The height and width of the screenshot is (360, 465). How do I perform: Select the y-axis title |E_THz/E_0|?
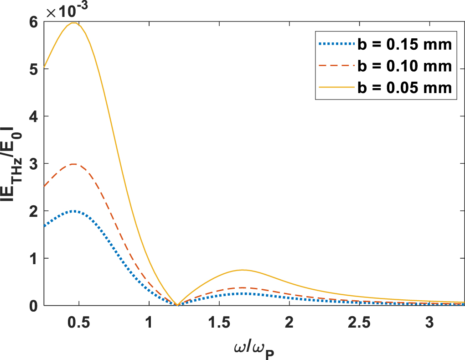tap(14, 163)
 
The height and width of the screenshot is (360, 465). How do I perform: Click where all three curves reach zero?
tap(177, 305)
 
